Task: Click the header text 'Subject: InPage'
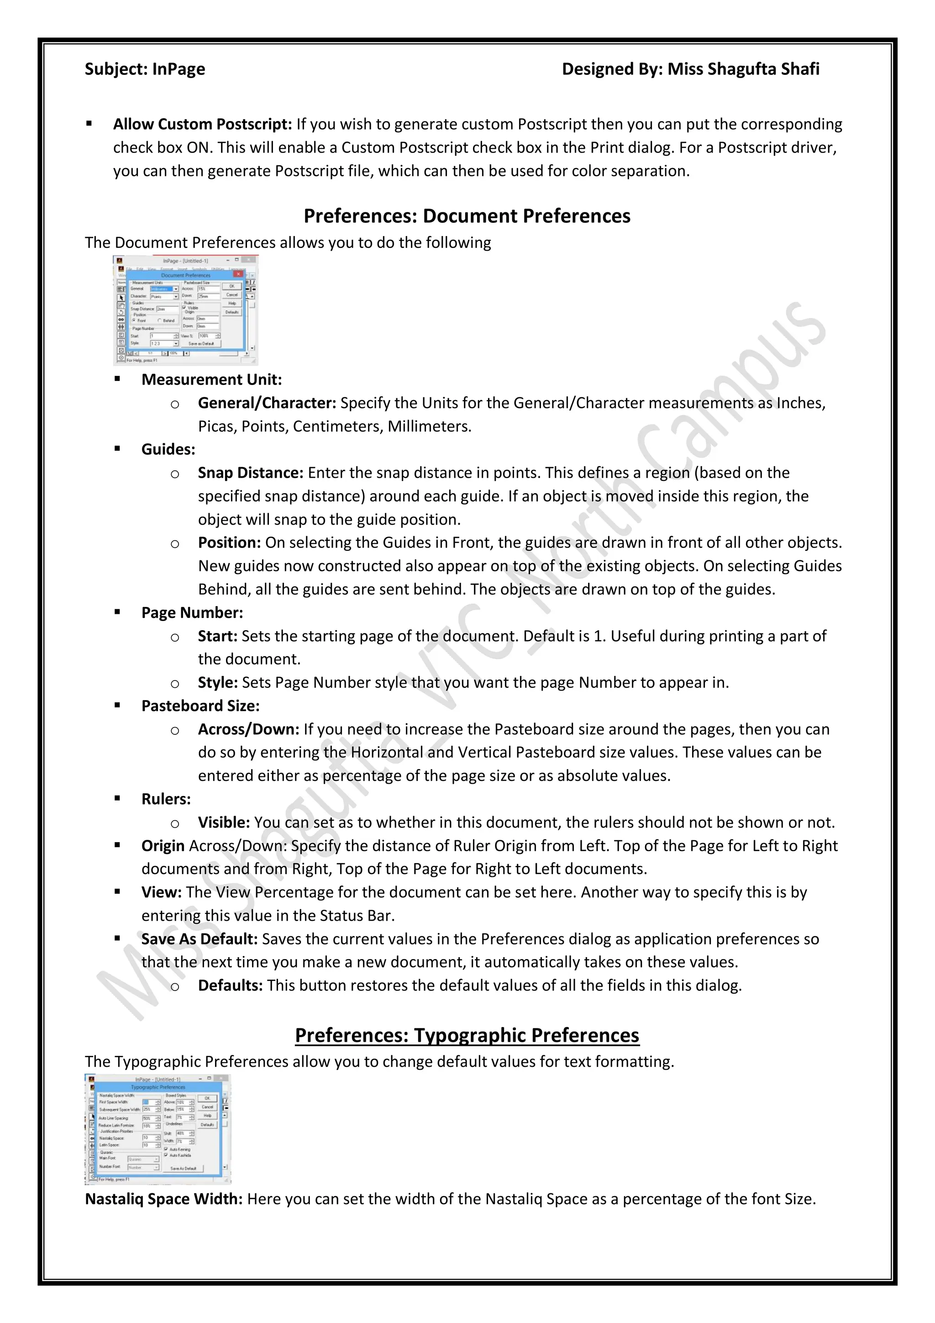point(145,69)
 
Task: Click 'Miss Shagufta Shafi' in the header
point(743,69)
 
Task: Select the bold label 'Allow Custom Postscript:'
point(202,125)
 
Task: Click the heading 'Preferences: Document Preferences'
point(467,216)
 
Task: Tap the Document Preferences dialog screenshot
point(185,311)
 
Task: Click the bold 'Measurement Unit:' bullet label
point(211,380)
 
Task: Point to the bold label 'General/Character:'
point(267,403)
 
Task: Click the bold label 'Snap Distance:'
point(250,473)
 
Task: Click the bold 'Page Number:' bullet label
point(192,613)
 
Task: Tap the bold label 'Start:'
point(217,636)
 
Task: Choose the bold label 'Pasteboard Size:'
point(200,706)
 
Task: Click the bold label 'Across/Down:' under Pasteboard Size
point(248,729)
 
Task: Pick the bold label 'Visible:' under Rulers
point(224,823)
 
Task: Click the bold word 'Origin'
point(163,846)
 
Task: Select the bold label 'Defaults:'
point(230,986)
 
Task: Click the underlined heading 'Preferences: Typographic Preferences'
point(467,1035)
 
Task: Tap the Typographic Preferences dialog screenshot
point(158,1129)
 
